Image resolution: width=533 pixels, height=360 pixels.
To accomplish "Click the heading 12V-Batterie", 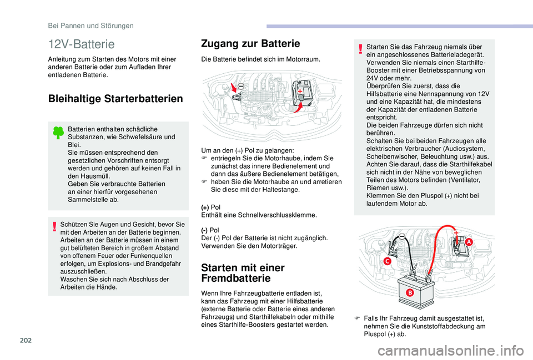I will click(x=82, y=44).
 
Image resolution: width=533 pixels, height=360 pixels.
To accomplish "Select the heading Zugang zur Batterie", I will click(x=252, y=43).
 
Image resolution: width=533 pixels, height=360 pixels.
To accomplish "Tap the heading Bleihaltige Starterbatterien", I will click(x=115, y=99).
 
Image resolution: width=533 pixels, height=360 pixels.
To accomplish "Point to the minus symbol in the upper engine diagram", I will click(x=242, y=85).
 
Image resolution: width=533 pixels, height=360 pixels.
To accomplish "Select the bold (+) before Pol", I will click(x=205, y=207).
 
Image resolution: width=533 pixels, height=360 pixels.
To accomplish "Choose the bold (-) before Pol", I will click(x=205, y=230).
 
